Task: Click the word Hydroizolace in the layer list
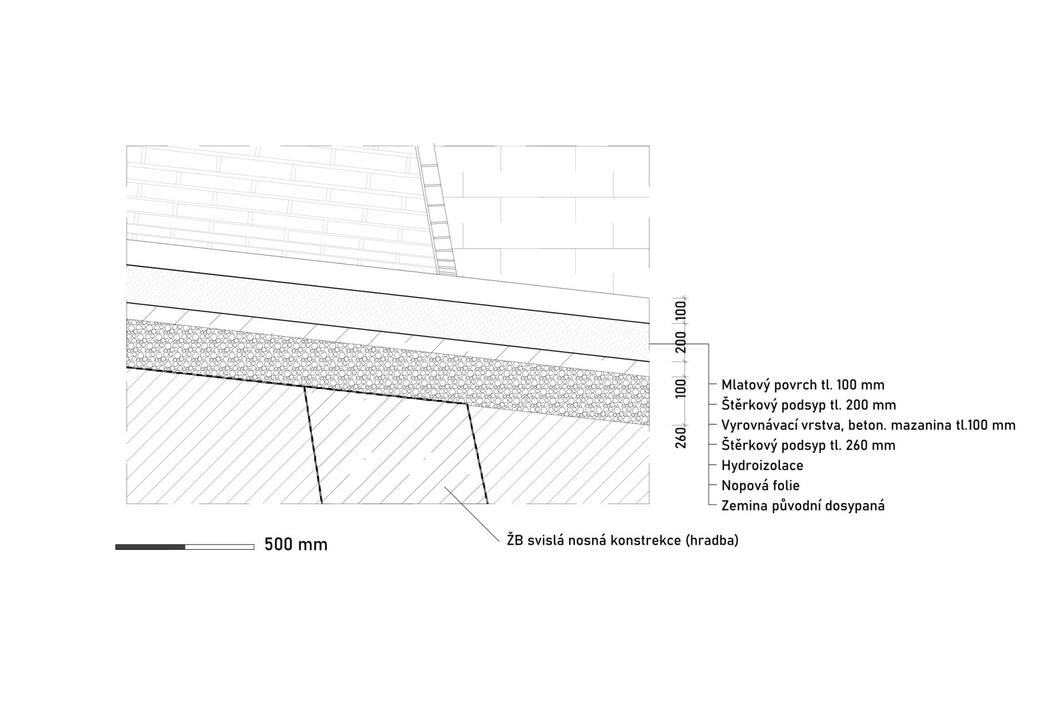pyautogui.click(x=762, y=465)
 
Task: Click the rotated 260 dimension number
pyautogui.click(x=681, y=437)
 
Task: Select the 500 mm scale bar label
pyautogui.click(x=296, y=544)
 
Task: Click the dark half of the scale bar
pyautogui.click(x=150, y=547)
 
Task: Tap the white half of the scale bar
pyautogui.click(x=220, y=547)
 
